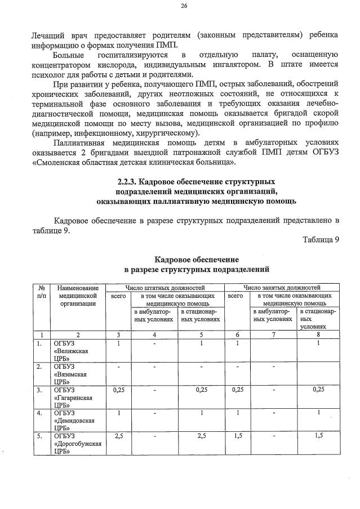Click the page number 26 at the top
coord(184,6)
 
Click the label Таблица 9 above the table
coord(321,239)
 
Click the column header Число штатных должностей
coord(165,287)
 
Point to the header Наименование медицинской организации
coord(78,295)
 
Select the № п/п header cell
coord(42,291)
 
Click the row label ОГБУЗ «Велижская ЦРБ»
coord(69,350)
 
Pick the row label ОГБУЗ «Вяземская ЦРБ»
coord(70,373)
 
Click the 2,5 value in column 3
coord(118,436)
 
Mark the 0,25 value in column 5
coord(201,389)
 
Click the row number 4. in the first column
coord(40,413)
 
